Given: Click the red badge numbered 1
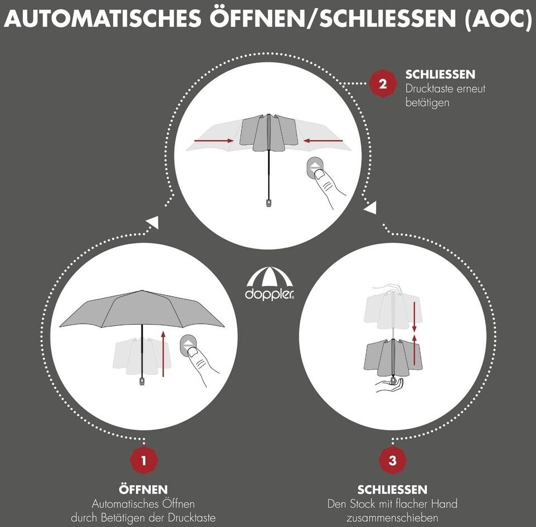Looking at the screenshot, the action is pos(144,460).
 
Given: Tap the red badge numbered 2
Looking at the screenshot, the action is pos(383,84).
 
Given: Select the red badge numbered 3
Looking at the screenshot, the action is pos(392,460).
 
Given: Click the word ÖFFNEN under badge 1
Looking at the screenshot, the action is pos(143,489).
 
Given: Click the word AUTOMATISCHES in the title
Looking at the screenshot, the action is pos(103,18).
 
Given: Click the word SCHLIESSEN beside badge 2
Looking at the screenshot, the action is pos(440,74).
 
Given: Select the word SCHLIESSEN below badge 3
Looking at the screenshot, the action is pos(392,490).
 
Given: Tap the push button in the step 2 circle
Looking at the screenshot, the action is pos(315,168).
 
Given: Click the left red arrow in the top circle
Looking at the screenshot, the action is pos(213,140).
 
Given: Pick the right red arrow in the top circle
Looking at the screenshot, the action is pos(323,140).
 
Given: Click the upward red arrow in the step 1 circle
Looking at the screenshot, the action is pos(163,353).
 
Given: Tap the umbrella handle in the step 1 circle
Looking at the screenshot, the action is pos(142,381).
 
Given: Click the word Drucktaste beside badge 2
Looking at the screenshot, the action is pos(431,89).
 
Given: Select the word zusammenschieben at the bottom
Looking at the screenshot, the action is pos(392,518).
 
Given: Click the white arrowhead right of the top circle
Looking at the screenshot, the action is pos(371,207).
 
